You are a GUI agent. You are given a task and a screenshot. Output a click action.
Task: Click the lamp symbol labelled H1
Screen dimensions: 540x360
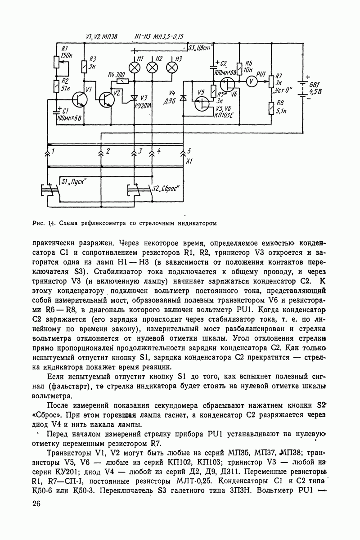point(135,67)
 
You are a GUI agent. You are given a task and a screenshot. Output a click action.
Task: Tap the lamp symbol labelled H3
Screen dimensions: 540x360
point(172,67)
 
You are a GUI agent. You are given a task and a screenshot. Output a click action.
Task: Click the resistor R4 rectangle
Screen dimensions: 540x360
point(122,81)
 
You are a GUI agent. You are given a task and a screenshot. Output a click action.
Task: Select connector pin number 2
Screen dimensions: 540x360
point(107,151)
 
